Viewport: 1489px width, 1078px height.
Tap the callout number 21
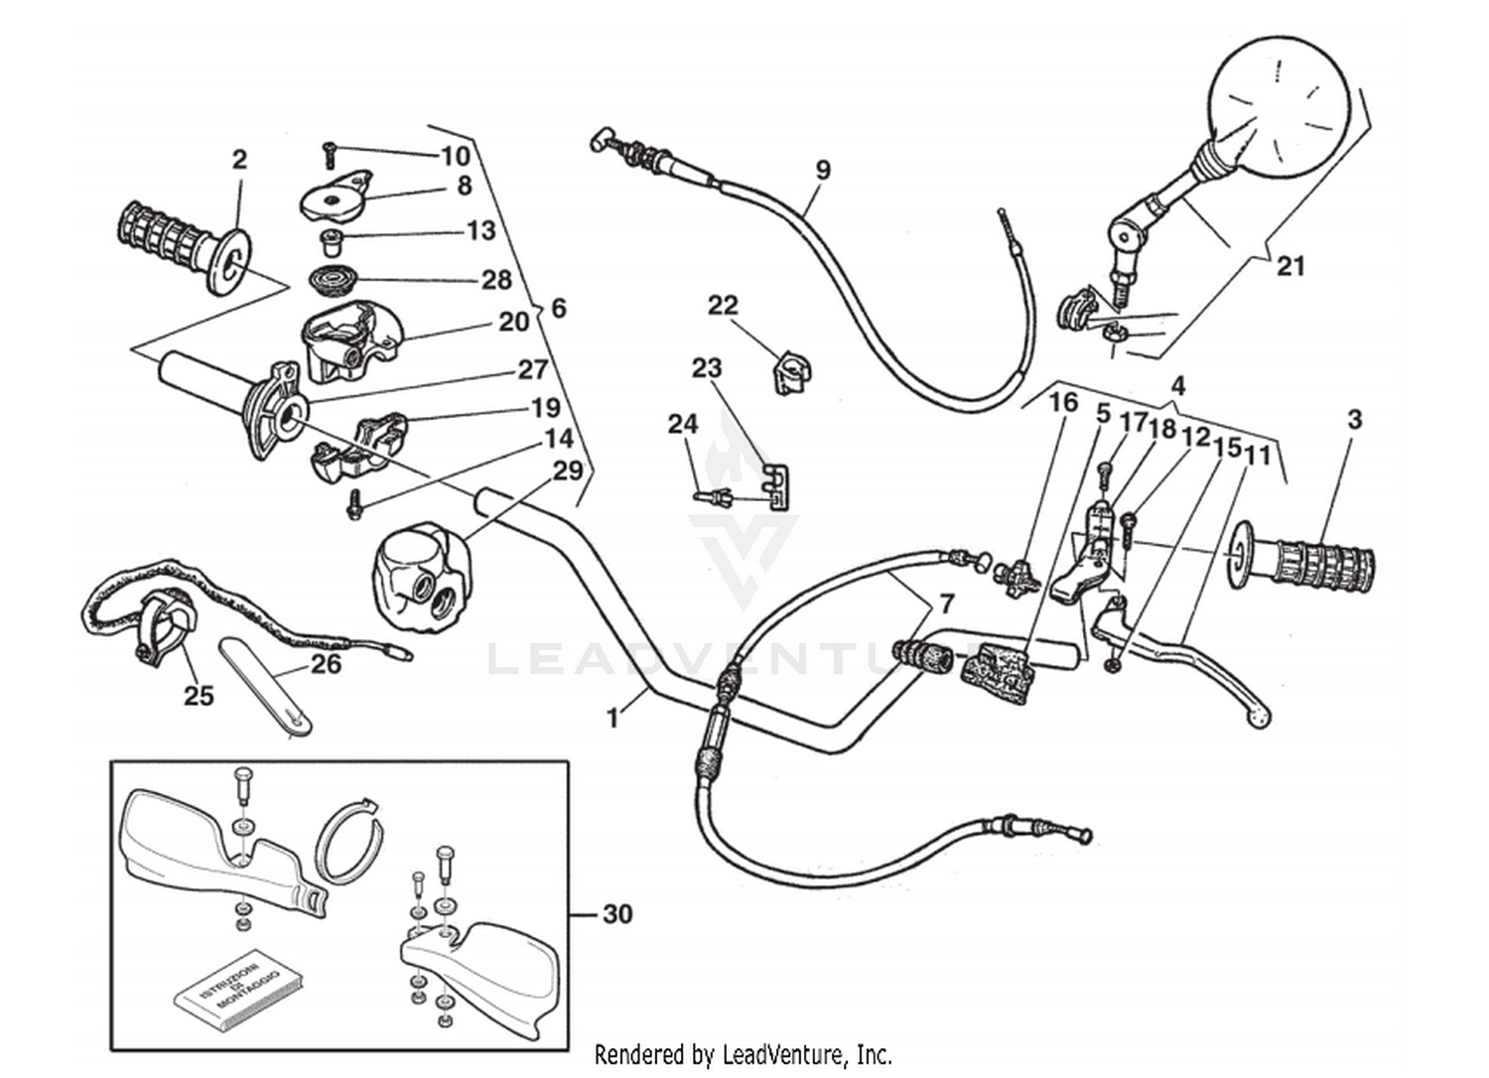pos(1289,266)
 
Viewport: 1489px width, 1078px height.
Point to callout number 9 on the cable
pos(822,170)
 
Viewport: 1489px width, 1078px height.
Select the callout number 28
pos(496,280)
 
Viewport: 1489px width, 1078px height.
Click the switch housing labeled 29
pos(417,572)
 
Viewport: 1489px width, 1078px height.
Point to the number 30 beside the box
pos(616,913)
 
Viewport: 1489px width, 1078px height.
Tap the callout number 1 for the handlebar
pos(613,717)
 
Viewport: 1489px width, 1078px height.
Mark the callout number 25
pos(199,696)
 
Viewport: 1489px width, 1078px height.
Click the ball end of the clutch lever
pos(1260,717)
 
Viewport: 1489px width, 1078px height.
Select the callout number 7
pos(946,604)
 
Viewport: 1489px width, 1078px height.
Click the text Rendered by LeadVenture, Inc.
pos(743,1054)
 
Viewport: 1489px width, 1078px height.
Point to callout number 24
pos(683,425)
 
